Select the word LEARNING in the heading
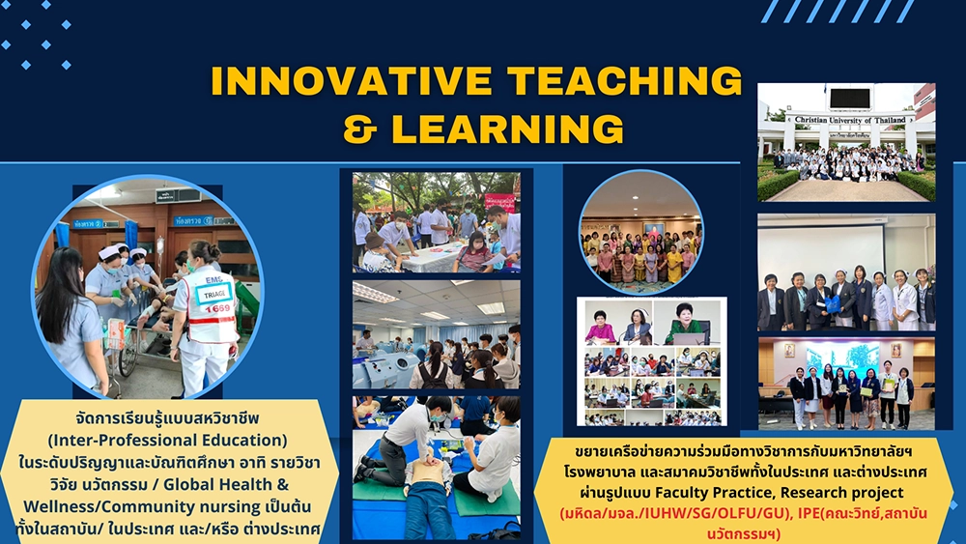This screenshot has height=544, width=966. tap(508, 129)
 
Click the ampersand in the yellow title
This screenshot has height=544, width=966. tap(359, 129)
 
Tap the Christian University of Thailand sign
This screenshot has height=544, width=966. tap(850, 120)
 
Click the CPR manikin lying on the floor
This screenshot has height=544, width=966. tap(430, 493)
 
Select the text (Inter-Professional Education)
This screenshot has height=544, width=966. tap(167, 440)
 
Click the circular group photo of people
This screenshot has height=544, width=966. tap(641, 232)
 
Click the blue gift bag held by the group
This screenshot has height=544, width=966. tap(833, 303)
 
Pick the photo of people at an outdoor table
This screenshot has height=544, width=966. tap(437, 222)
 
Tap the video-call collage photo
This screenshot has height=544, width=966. tap(652, 361)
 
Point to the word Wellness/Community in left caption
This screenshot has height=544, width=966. tap(142, 506)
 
